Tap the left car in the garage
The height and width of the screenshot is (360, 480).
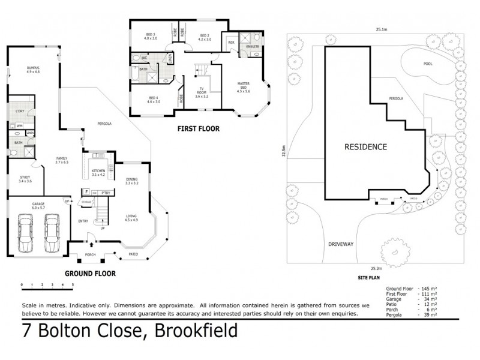(x=26, y=233)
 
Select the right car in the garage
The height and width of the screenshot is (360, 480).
(x=52, y=233)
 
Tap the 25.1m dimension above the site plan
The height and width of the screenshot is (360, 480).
(x=380, y=29)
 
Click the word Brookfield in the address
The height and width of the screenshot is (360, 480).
(x=196, y=331)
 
